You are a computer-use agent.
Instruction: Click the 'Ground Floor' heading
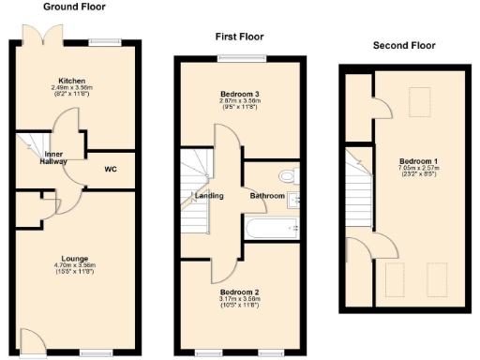[x=74, y=7]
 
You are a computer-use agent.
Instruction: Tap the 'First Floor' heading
[x=240, y=37]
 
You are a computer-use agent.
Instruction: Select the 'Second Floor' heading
[x=404, y=45]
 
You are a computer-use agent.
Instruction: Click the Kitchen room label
[x=72, y=81]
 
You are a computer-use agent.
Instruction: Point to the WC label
[x=111, y=170]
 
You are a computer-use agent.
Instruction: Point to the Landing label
[x=207, y=196]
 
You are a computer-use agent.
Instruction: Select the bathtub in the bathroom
[x=271, y=226]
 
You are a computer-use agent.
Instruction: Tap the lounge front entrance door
[x=31, y=343]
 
